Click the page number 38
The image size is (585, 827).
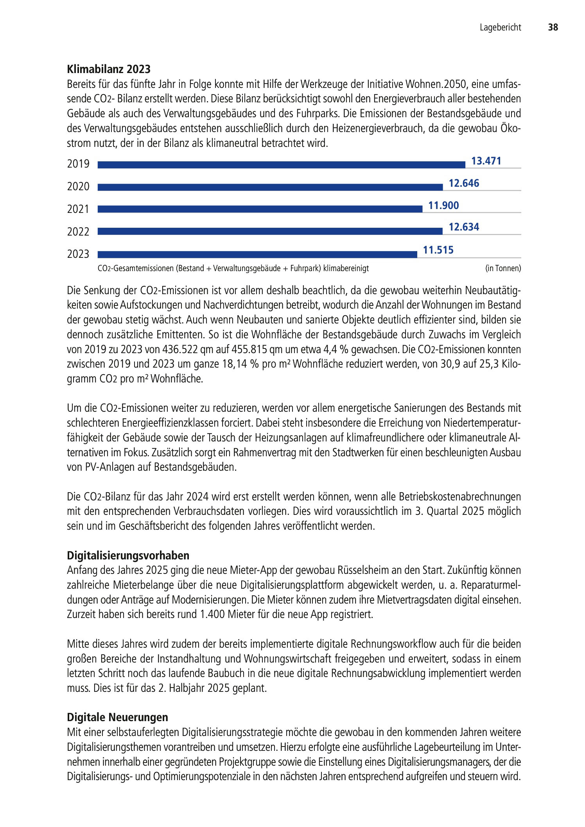tap(553, 27)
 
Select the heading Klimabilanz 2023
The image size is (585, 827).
tap(109, 69)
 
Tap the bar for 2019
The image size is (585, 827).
tap(281, 165)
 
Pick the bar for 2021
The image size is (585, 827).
tap(260, 209)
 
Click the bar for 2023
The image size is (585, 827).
tap(257, 255)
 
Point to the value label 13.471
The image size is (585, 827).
tap(486, 161)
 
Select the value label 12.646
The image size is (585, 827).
tap(464, 183)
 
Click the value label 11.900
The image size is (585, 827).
tap(443, 205)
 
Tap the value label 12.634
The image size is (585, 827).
tap(464, 227)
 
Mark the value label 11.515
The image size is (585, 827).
tap(438, 250)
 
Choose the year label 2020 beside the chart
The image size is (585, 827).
tap(78, 187)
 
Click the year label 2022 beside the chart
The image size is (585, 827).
tap(78, 232)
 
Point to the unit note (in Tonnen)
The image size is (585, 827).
tap(503, 268)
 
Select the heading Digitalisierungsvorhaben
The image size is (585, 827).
tap(128, 556)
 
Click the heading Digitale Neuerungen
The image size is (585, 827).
tap(118, 717)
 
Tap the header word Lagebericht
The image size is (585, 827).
tap(500, 27)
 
